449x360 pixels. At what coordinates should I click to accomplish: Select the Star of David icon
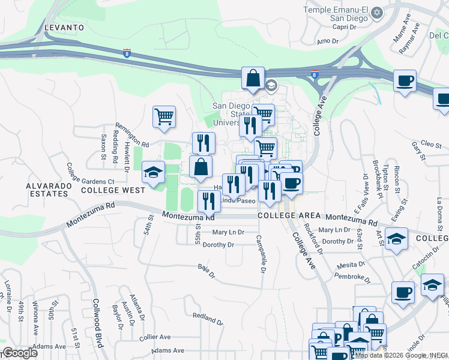(x=377, y=12)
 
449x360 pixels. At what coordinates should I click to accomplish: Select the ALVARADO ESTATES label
(x=46, y=190)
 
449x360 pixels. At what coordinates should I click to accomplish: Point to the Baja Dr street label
(x=206, y=271)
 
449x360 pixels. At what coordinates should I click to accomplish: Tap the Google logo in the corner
(x=20, y=353)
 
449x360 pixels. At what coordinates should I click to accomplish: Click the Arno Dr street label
(x=328, y=41)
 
